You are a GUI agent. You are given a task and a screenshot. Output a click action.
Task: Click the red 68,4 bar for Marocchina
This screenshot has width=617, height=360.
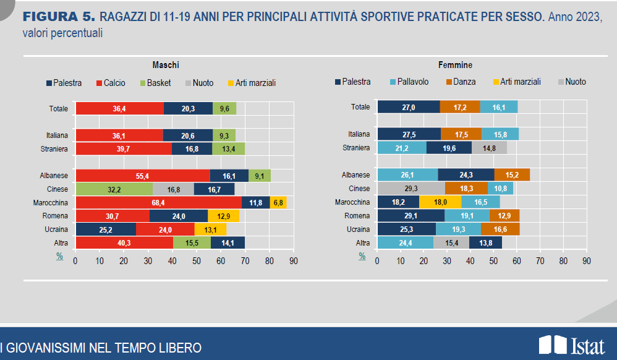158,202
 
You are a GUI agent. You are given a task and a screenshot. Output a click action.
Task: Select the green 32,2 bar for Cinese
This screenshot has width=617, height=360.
114,189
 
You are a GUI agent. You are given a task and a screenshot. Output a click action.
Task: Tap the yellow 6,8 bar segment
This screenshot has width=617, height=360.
278,202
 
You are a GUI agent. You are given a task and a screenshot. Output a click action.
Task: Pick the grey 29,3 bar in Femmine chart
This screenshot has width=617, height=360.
411,189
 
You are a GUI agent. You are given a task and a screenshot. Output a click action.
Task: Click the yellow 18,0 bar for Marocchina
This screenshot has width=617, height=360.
440,202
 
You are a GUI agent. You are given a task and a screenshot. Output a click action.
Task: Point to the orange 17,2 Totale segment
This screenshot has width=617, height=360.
459,107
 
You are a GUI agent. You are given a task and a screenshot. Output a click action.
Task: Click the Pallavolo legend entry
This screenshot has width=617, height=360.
413,82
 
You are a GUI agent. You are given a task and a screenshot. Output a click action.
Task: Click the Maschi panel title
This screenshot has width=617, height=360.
166,65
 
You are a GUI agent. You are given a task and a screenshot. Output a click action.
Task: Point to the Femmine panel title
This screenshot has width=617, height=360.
455,65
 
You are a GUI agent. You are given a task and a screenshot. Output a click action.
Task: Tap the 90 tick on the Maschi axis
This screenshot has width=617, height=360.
293,261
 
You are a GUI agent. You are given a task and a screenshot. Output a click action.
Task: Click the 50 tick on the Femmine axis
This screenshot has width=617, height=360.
493,261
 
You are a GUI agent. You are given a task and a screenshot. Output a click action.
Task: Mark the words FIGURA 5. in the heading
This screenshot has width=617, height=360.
59,17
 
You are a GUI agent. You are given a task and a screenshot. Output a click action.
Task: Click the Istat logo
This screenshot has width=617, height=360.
571,345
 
